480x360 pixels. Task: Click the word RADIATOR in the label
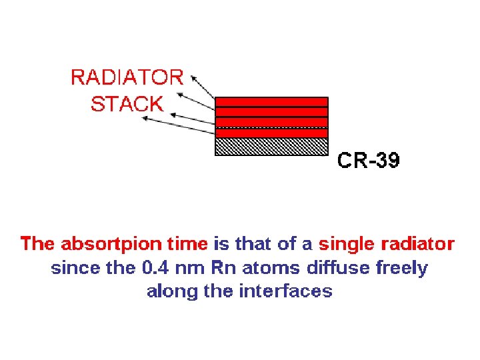coord(127,77)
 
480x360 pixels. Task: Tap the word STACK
coord(127,104)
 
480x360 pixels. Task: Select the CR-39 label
coord(369,161)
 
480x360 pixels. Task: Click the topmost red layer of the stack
coord(271,101)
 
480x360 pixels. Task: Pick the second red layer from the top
coord(271,112)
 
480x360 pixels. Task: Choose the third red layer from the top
coord(271,122)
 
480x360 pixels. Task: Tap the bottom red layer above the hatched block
coord(271,133)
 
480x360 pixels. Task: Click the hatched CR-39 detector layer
coord(271,147)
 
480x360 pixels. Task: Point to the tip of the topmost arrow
coord(193,75)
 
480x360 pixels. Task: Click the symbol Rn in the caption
coord(220,268)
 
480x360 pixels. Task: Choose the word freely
coord(402,269)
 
